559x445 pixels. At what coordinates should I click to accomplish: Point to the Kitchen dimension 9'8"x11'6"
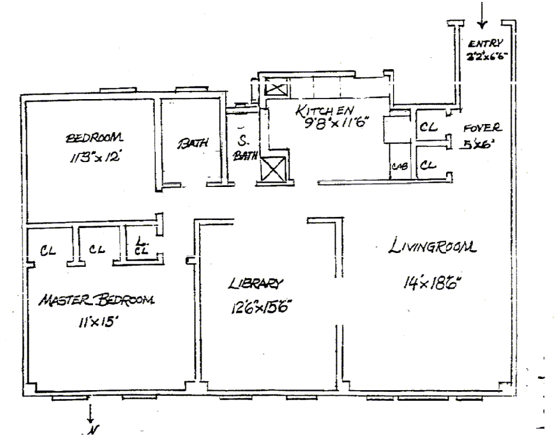tap(334, 123)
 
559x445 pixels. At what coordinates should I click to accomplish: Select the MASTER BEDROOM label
tap(96, 300)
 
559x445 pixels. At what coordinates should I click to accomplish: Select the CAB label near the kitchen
tap(399, 166)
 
